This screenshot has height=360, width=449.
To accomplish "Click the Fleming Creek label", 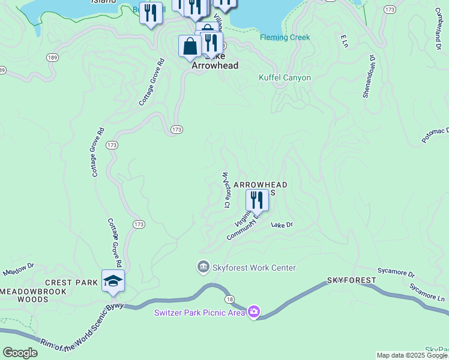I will pyautogui.click(x=285, y=37).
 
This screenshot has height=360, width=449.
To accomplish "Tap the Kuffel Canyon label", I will pyautogui.click(x=285, y=77).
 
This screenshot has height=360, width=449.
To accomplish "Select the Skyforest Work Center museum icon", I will pyautogui.click(x=203, y=266).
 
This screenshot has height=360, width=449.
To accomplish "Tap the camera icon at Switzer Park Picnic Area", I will pyautogui.click(x=254, y=311).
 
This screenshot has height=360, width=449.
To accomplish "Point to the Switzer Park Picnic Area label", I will pyautogui.click(x=200, y=312).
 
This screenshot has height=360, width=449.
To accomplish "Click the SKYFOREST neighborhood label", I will pyautogui.click(x=351, y=280).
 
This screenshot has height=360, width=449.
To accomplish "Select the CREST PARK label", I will pyautogui.click(x=71, y=282).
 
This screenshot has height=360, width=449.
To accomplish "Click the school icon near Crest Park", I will pyautogui.click(x=113, y=281).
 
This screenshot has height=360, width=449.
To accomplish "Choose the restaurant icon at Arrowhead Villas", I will pyautogui.click(x=257, y=200).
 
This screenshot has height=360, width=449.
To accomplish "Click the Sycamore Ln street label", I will pyautogui.click(x=427, y=292).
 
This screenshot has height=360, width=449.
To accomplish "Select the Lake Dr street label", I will pyautogui.click(x=281, y=224).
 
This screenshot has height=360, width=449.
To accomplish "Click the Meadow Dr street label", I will pyautogui.click(x=19, y=269).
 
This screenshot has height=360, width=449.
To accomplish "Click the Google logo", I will pyautogui.click(x=20, y=353).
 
